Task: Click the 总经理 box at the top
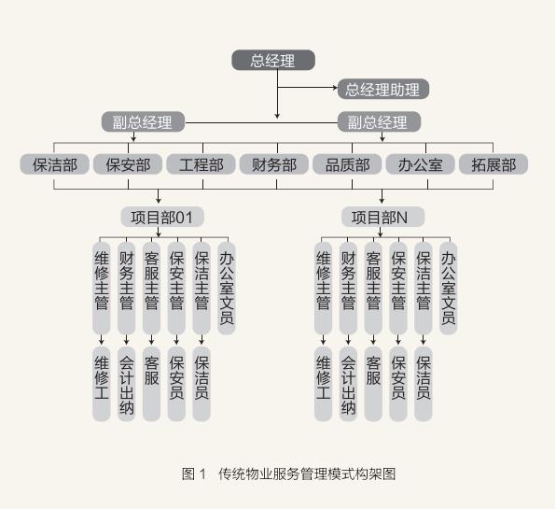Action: click(x=273, y=60)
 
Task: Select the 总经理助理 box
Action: click(x=383, y=89)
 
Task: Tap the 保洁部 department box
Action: click(x=55, y=164)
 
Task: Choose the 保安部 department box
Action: click(x=128, y=164)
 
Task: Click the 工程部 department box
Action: click(x=202, y=164)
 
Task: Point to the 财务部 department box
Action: click(x=274, y=164)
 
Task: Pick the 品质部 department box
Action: click(x=347, y=164)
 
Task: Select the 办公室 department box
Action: click(x=420, y=164)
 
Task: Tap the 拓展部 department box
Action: click(x=493, y=164)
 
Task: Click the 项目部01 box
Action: click(x=162, y=217)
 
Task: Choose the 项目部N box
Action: click(x=383, y=217)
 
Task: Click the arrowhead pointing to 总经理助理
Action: click(x=335, y=87)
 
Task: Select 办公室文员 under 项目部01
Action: click(x=227, y=289)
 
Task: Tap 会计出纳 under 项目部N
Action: click(x=348, y=384)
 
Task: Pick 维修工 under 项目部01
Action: click(x=102, y=384)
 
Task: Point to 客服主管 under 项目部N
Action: click(x=373, y=289)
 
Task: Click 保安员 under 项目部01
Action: click(x=176, y=384)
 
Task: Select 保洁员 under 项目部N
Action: click(x=423, y=384)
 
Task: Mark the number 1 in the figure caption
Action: click(x=202, y=474)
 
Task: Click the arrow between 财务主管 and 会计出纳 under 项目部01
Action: click(x=127, y=339)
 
